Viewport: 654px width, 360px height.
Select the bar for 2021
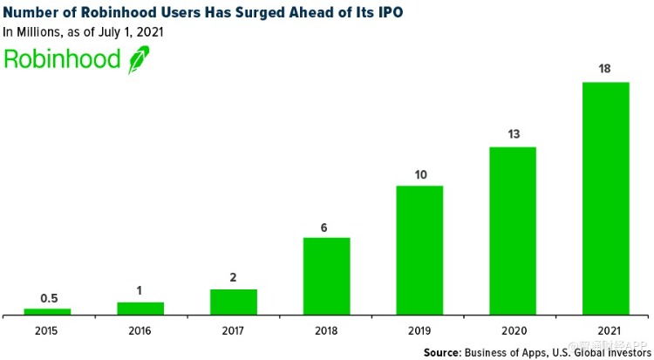605,198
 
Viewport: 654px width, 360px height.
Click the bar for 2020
512,230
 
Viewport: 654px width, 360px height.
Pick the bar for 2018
326,275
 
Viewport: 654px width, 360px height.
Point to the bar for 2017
233,302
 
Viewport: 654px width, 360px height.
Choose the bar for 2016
140,308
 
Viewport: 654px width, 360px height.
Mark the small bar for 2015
47,311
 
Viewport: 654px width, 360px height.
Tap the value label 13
512,134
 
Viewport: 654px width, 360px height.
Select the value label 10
419,173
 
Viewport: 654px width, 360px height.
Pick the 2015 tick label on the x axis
47,330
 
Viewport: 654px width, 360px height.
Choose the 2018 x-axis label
326,330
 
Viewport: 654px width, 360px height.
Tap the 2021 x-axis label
605,330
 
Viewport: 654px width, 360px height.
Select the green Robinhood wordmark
63,59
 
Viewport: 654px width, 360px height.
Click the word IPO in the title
387,12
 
